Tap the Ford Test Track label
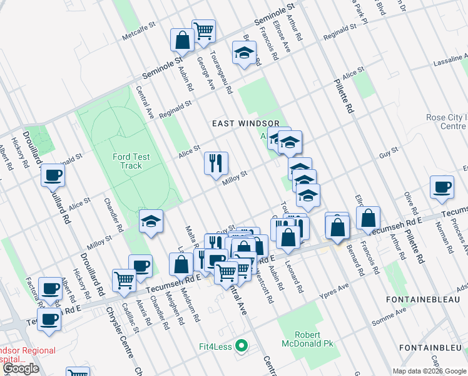127,161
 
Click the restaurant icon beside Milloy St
216,164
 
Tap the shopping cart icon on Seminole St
203,30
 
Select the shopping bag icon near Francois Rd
369,217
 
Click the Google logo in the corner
21,368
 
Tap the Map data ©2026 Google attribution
429,371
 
